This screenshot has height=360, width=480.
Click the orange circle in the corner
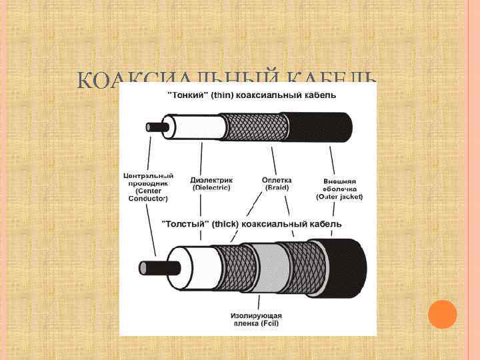[441, 314]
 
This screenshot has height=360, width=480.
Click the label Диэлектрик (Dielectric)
[211, 183]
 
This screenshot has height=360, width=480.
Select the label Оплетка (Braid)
[276, 183]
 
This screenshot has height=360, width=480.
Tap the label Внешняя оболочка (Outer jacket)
[339, 189]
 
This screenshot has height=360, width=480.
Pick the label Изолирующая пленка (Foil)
[257, 319]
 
